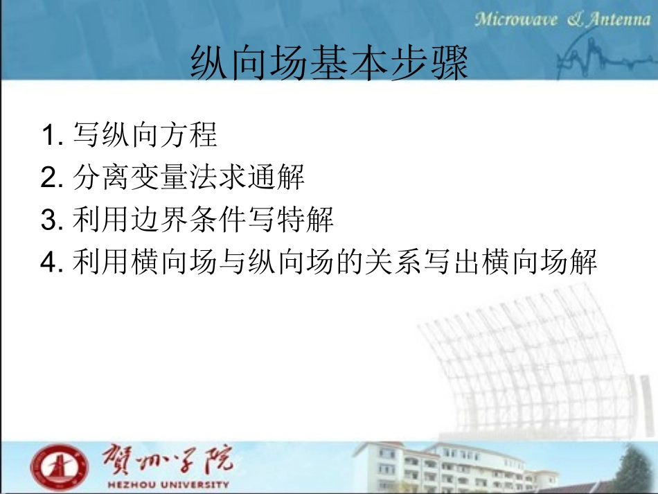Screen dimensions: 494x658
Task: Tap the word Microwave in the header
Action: pos(516,19)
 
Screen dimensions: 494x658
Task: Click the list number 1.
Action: pos(48,136)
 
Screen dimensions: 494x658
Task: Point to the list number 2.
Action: pos(48,179)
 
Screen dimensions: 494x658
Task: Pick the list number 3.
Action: pos(48,221)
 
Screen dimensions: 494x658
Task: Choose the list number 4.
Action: pos(48,263)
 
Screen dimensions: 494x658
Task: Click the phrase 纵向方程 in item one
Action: pos(160,135)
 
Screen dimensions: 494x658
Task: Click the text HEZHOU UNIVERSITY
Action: pos(168,483)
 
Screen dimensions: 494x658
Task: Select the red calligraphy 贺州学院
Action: pos(168,458)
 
